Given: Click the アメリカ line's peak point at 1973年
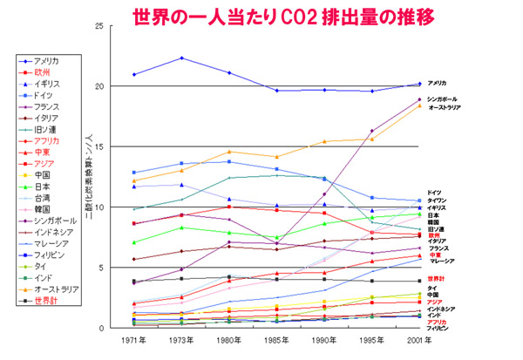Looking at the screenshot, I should click(180, 58).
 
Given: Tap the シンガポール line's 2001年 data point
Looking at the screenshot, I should click(420, 100).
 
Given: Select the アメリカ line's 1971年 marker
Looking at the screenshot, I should click(134, 74).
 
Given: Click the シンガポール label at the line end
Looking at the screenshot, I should click(443, 99).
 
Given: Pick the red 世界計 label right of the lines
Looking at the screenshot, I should click(437, 279).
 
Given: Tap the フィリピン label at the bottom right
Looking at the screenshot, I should click(439, 329).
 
